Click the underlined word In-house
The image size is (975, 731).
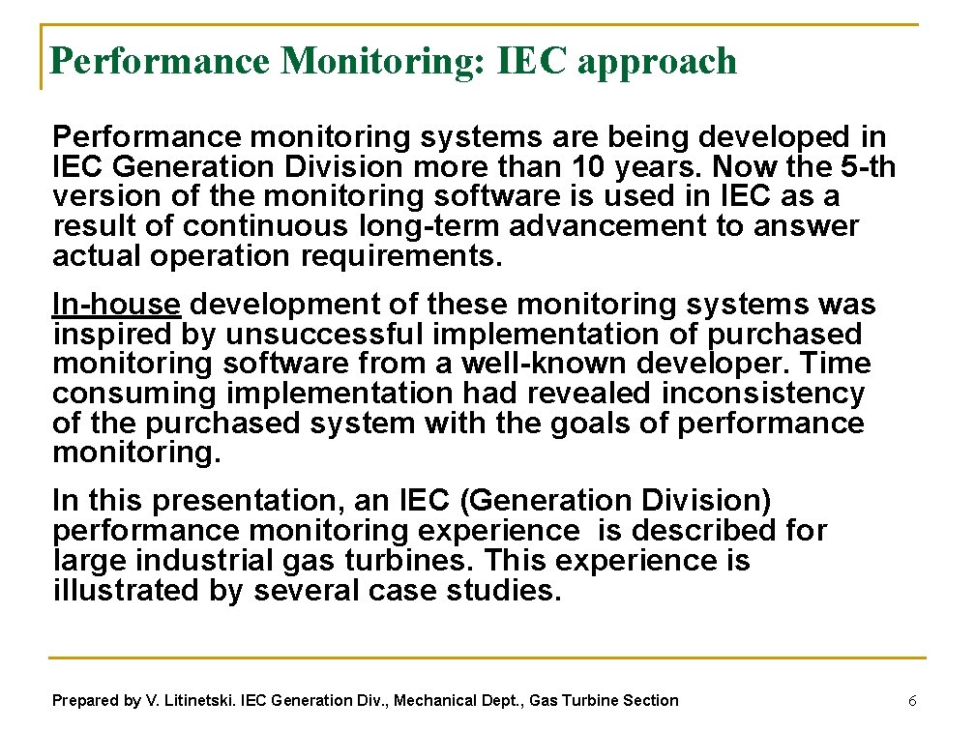(116, 305)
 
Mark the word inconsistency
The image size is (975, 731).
(763, 395)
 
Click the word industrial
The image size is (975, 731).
(195, 561)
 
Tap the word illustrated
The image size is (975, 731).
(126, 591)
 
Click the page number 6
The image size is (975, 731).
(911, 700)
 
